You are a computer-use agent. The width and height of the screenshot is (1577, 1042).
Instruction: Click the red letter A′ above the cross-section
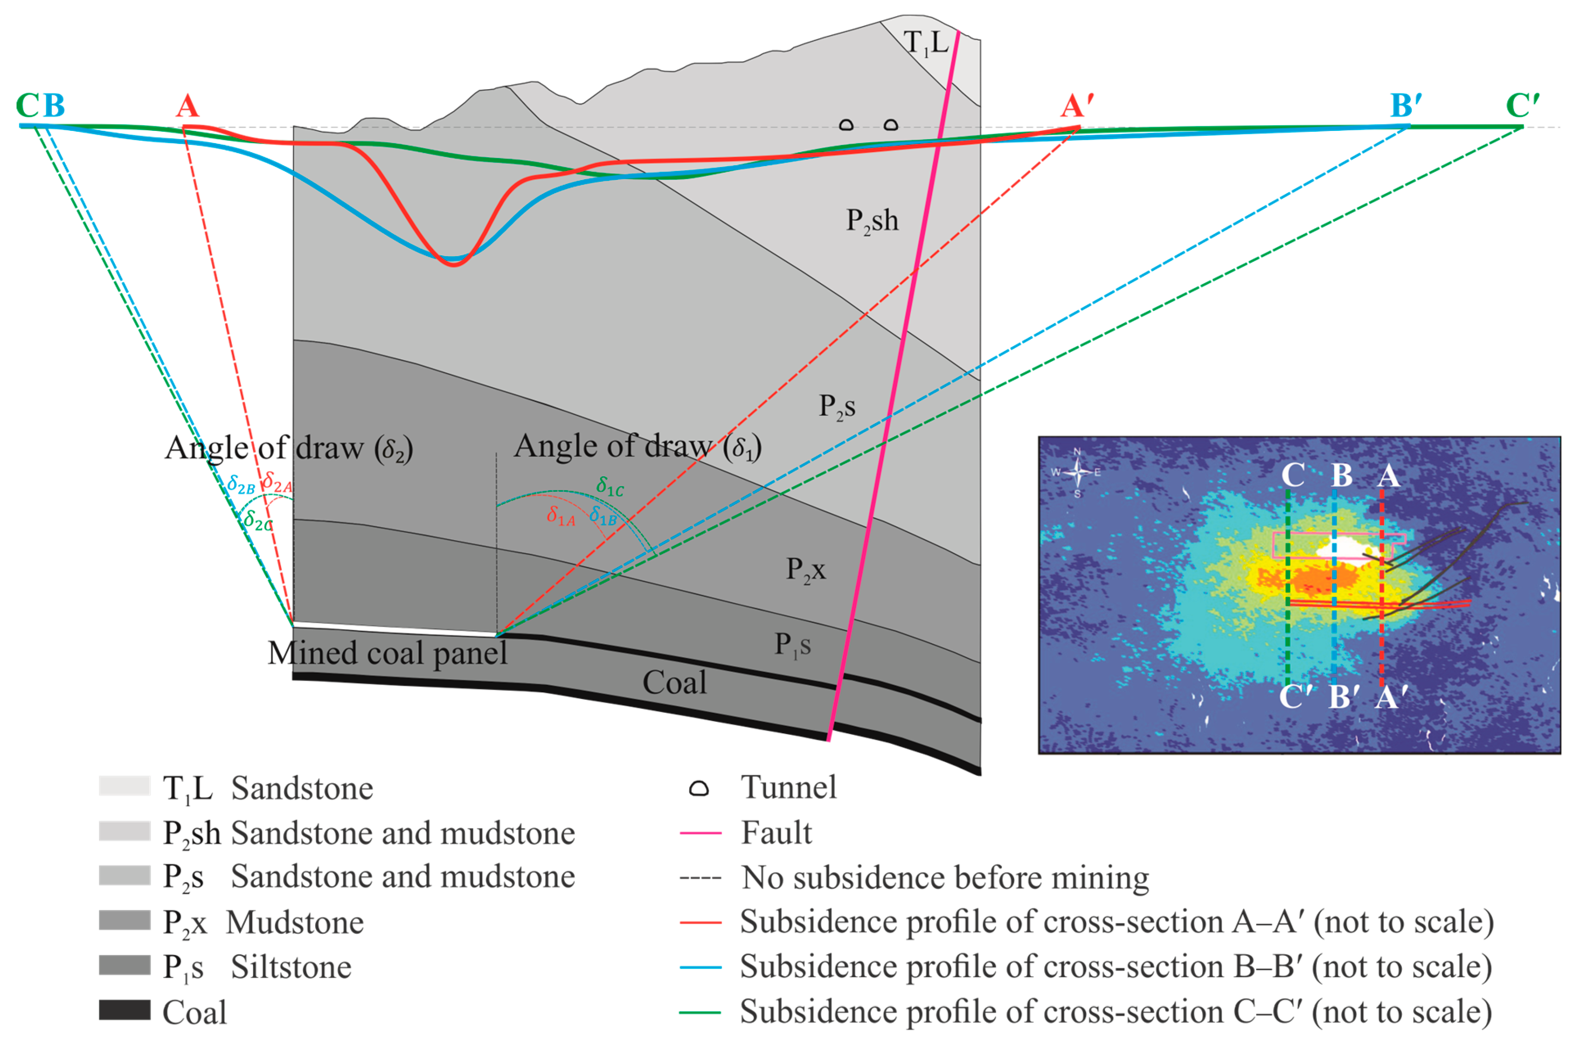[x=1076, y=106]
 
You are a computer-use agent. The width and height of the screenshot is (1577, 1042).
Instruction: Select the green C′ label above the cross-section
[x=1522, y=106]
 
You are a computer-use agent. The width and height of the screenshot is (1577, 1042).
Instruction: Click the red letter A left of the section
[x=187, y=106]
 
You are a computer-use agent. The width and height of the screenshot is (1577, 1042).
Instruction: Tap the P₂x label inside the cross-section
[x=806, y=570]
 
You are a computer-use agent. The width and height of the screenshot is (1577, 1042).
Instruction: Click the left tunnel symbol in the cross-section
[x=846, y=124]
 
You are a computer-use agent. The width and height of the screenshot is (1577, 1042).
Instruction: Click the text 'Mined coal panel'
[x=387, y=653]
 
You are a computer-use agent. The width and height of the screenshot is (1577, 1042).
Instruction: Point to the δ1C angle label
[x=610, y=487]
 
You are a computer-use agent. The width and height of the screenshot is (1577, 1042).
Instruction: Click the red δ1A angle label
[x=560, y=516]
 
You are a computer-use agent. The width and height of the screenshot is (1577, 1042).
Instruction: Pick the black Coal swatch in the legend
[x=124, y=1010]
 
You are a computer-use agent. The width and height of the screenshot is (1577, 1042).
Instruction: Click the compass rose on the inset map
[x=1077, y=472]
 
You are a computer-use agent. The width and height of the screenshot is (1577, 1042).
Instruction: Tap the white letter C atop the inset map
[x=1293, y=476]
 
